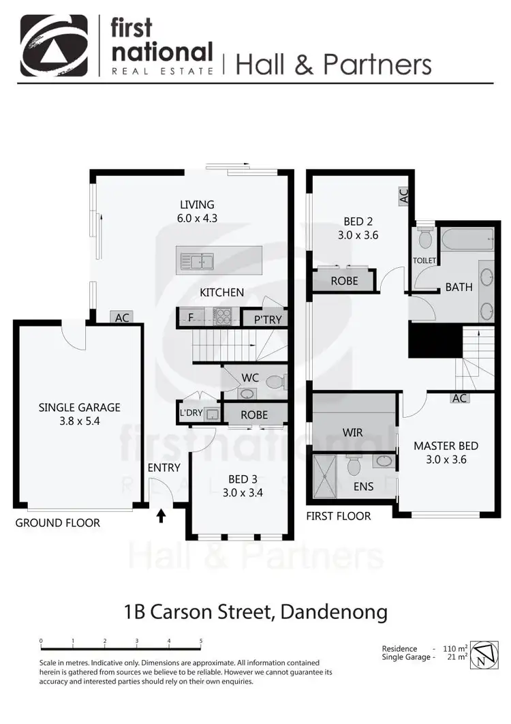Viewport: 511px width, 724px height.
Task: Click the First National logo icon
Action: pos(54,44)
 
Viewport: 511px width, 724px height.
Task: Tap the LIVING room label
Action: pos(197,205)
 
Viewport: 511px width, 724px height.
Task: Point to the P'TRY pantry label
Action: pos(267,319)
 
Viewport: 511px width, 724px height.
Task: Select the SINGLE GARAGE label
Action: pos(79,408)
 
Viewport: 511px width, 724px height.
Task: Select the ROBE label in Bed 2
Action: pos(344,280)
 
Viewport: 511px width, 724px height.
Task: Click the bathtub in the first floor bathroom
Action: pos(467,239)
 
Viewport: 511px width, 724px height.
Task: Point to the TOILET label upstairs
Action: pos(424,260)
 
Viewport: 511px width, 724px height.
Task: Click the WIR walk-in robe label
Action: pos(353,432)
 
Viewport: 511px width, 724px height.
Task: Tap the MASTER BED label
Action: pos(446,446)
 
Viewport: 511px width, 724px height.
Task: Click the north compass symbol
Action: pos(482,654)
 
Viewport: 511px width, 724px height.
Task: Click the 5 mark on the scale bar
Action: pos(201,642)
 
